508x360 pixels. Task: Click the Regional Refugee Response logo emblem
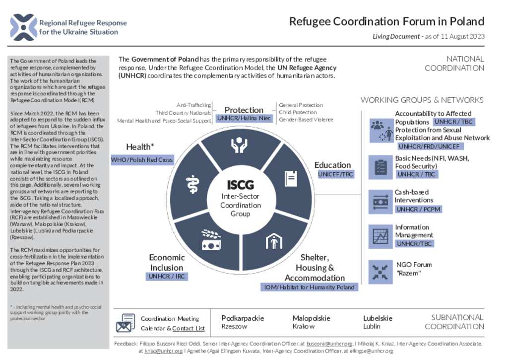(x=23, y=27)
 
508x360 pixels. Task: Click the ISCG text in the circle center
(x=241, y=185)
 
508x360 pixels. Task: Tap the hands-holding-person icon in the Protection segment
(x=239, y=145)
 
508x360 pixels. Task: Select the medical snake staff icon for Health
(x=192, y=184)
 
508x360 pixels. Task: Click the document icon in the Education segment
(x=291, y=178)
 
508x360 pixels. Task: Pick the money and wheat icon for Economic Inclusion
(x=211, y=240)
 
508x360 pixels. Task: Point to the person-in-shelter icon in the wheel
(x=274, y=241)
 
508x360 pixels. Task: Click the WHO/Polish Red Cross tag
(x=142, y=159)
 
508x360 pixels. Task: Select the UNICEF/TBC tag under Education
(x=335, y=174)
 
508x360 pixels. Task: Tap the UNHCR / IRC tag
(x=167, y=276)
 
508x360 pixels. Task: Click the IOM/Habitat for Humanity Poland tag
(x=309, y=287)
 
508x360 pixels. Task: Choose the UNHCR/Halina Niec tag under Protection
(x=244, y=118)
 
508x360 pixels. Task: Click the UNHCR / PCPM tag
(x=418, y=209)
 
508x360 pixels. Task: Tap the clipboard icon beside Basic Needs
(x=381, y=167)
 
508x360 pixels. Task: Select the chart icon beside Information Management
(x=381, y=236)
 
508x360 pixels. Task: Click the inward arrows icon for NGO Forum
(x=381, y=272)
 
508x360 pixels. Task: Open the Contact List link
(x=189, y=328)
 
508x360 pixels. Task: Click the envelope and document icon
(x=126, y=323)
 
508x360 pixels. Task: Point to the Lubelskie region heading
(x=378, y=318)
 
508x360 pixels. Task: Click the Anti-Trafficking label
(x=194, y=105)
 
